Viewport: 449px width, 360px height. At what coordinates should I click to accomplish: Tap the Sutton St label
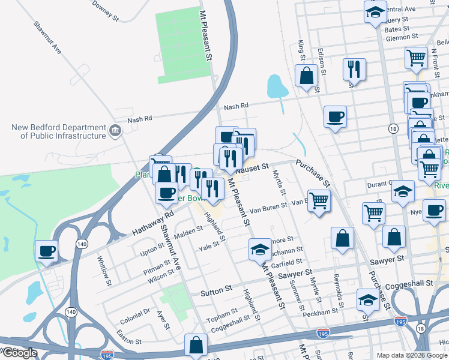pos(216,290)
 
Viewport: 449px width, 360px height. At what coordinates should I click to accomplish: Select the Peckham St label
pos(321,313)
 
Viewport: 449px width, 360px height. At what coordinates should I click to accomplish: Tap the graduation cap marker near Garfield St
pos(259,249)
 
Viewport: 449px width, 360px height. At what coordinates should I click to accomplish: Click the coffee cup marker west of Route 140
pos(46,252)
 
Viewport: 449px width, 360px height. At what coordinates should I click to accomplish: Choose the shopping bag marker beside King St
pos(306,76)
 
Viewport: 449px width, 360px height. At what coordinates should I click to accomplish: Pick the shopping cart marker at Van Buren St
pos(319,201)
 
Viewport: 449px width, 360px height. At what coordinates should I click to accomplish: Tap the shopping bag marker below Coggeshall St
pos(196,345)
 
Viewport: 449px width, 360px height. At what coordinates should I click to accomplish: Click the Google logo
pos(20,353)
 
